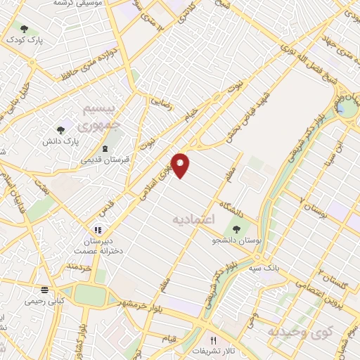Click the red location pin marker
pos(181,165)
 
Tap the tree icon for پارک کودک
pos(25,30)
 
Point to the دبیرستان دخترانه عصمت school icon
pos(99,229)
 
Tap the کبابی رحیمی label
pos(44,301)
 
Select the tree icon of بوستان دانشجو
pos(234,229)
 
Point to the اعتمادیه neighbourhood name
pos(192,220)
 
